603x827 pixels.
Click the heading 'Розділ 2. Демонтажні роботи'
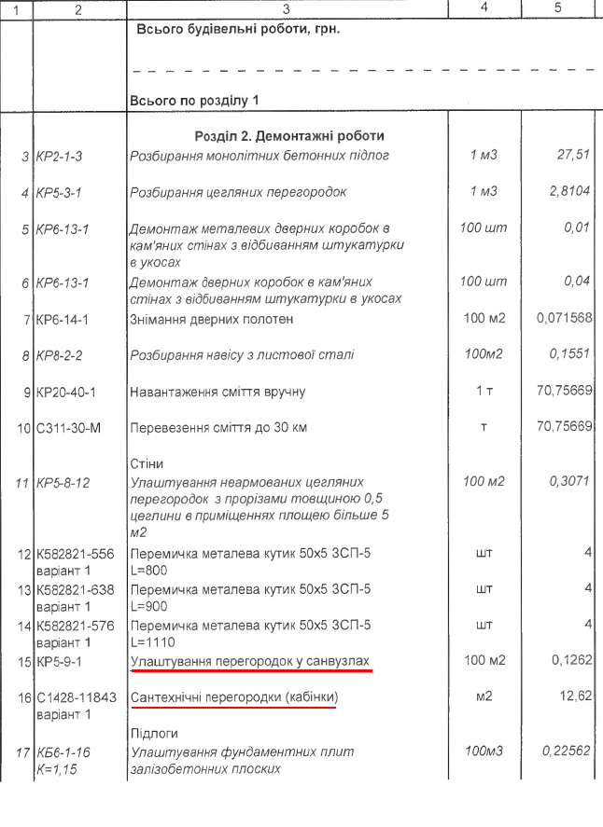tap(288, 135)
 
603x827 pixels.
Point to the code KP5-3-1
tap(63, 193)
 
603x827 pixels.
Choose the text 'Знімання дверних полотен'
tap(212, 319)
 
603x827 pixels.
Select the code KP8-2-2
tap(64, 355)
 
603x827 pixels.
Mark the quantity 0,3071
tap(569, 481)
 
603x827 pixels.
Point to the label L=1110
tap(154, 641)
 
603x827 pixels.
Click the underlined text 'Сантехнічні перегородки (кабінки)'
tap(233, 697)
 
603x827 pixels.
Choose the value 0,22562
tap(565, 750)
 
